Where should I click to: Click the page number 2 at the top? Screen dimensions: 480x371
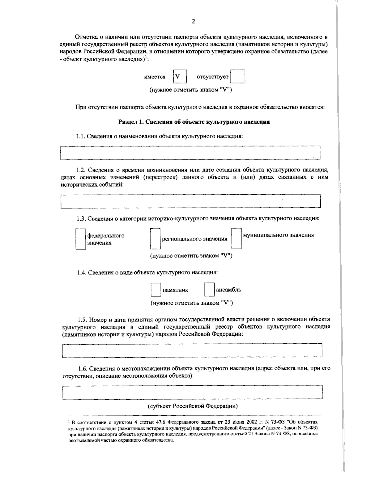pyautogui.click(x=194, y=21)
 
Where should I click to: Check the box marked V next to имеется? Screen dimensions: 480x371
pyautogui.click(x=180, y=77)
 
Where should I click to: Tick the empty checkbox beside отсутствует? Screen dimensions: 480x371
pyautogui.click(x=238, y=77)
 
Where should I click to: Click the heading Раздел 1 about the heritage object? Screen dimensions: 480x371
pyautogui.click(x=194, y=122)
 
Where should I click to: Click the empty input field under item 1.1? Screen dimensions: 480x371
pyautogui.click(x=190, y=153)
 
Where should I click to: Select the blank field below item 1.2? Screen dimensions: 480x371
pyautogui.click(x=190, y=201)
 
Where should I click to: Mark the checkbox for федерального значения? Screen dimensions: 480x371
pyautogui.click(x=81, y=239)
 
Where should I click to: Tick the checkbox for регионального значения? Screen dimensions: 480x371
pyautogui.click(x=155, y=239)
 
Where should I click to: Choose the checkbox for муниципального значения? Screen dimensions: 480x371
pyautogui.click(x=237, y=239)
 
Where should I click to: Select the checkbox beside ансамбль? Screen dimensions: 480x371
pyautogui.click(x=209, y=290)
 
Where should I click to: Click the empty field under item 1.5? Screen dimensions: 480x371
pyautogui.click(x=192, y=350)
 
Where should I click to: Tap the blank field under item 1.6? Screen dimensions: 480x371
pyautogui.click(x=192, y=392)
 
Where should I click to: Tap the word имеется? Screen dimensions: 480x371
pyautogui.click(x=155, y=77)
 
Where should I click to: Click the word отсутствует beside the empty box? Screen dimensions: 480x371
pyautogui.click(x=212, y=77)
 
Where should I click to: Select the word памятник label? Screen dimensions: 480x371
pyautogui.click(x=175, y=290)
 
